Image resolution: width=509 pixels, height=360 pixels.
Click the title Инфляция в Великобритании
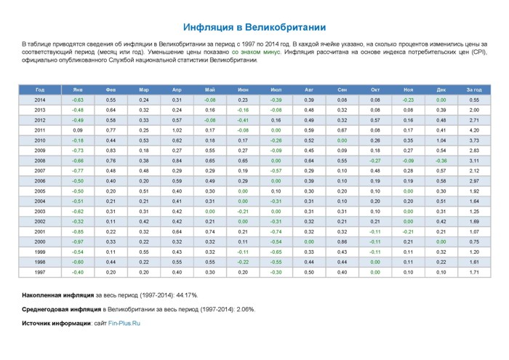click(254, 27)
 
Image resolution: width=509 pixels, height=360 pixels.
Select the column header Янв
click(78, 90)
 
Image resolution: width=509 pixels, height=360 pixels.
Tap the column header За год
click(474, 90)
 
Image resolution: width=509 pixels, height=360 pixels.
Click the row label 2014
click(40, 100)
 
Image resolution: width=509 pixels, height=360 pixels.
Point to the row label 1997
click(40, 272)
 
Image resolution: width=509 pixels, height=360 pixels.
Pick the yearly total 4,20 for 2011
click(474, 130)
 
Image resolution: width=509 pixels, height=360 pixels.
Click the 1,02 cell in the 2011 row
click(177, 130)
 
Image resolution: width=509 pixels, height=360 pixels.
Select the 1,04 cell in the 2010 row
click(441, 140)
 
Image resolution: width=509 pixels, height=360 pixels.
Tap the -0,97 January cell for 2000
click(78, 242)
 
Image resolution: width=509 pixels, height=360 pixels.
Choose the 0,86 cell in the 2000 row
click(342, 242)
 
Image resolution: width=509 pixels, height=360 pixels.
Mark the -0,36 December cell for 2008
click(441, 161)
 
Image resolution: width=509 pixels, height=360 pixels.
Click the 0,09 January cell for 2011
click(78, 130)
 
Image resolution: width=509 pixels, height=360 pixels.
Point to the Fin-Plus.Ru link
click(124, 324)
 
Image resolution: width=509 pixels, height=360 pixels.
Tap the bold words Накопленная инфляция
click(57, 295)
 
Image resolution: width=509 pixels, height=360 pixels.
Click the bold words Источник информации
click(56, 324)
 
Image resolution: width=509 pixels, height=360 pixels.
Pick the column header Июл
click(276, 90)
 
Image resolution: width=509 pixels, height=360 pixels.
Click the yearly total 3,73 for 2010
click(474, 140)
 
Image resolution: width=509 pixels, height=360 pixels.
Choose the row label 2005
click(40, 191)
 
